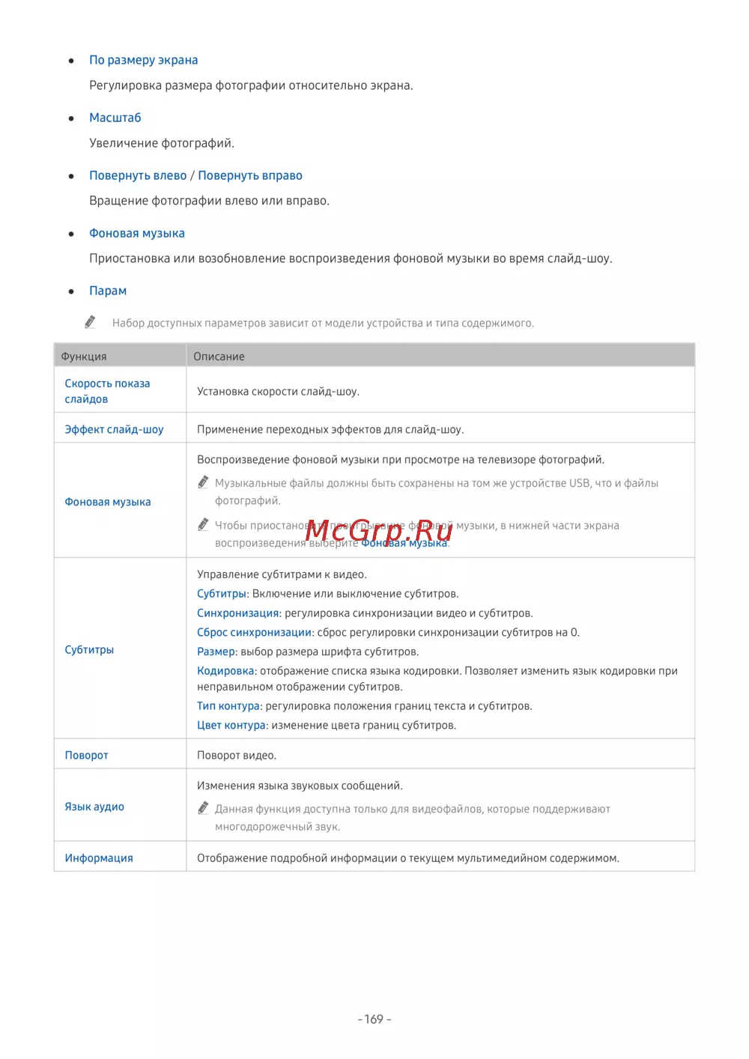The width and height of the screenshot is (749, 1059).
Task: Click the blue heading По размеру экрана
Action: (143, 60)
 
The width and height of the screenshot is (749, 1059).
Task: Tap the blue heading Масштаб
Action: (115, 118)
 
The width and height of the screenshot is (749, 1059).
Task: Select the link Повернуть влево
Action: (138, 175)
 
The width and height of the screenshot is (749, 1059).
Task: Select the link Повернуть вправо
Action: (250, 175)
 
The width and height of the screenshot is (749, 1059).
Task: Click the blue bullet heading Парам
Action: (108, 291)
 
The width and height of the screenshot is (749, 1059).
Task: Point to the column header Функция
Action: (84, 356)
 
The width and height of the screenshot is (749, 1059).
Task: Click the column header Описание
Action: (219, 356)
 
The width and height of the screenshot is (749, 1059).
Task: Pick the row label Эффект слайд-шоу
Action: (114, 429)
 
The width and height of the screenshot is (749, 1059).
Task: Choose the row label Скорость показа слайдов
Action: (107, 391)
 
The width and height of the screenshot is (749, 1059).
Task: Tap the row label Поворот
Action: (86, 755)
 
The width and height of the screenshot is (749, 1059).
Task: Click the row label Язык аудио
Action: (94, 807)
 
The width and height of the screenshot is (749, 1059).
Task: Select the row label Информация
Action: (99, 858)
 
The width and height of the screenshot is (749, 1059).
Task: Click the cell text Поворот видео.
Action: (237, 755)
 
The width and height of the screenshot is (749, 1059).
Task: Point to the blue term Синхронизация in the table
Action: (237, 613)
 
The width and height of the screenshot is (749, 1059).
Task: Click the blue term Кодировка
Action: (225, 670)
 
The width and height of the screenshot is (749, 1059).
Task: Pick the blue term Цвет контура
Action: (231, 725)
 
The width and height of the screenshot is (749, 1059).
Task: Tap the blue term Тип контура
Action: (228, 706)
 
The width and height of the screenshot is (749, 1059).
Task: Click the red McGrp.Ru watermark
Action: (379, 530)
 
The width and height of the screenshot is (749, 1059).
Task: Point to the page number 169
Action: (374, 1019)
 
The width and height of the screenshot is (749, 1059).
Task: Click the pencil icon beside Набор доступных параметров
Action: (91, 322)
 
